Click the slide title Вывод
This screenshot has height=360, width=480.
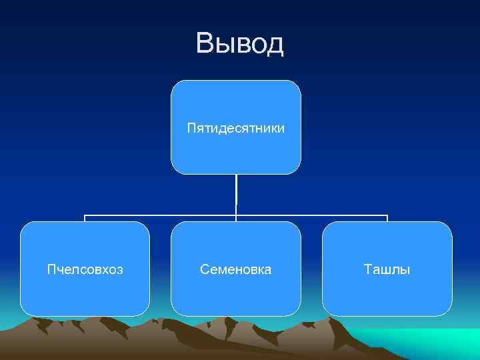pos(240,43)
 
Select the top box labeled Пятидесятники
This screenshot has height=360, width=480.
pos(236,127)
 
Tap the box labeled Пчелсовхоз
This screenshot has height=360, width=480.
pos(85,269)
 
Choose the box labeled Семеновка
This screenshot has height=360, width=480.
pos(236,269)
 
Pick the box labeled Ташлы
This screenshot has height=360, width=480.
pos(387,269)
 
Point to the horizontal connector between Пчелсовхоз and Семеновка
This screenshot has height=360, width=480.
pos(160,216)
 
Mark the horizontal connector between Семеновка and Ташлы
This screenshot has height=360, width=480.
pos(312,216)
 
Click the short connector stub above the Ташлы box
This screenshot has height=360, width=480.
pos(387,219)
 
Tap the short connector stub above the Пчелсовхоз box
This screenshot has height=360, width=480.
pos(85,219)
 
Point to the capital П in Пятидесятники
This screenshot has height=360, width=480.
pos(191,127)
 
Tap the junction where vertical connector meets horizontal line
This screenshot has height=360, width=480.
pos(236,216)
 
